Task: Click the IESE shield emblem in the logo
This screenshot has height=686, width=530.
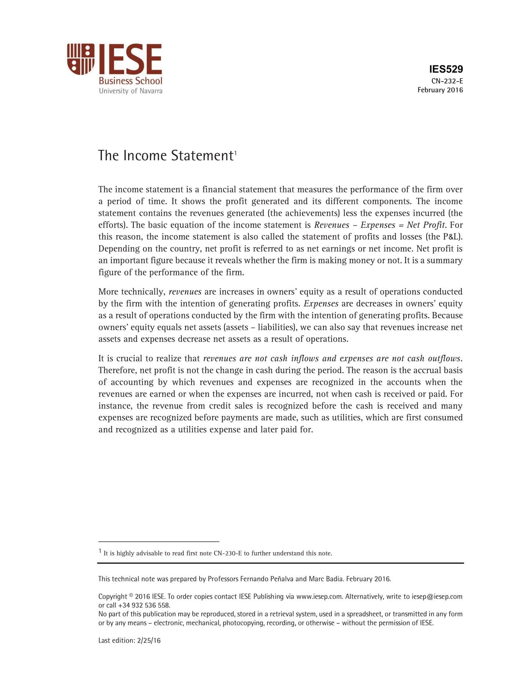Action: click(x=80, y=59)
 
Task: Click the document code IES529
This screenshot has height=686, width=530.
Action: click(x=446, y=69)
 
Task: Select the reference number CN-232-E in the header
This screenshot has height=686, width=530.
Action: click(x=447, y=81)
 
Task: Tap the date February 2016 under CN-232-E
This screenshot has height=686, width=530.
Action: click(x=440, y=90)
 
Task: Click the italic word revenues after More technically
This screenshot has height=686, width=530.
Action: click(x=185, y=292)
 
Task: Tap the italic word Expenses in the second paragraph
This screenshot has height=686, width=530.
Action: click(x=321, y=304)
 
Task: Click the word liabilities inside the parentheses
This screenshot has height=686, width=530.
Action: click(x=274, y=327)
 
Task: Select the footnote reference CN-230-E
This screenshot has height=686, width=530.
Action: click(x=227, y=553)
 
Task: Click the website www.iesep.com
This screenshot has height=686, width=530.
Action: click(x=319, y=597)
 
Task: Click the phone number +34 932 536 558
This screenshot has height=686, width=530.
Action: click(x=144, y=606)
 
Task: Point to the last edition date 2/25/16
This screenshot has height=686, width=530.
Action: click(x=149, y=641)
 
